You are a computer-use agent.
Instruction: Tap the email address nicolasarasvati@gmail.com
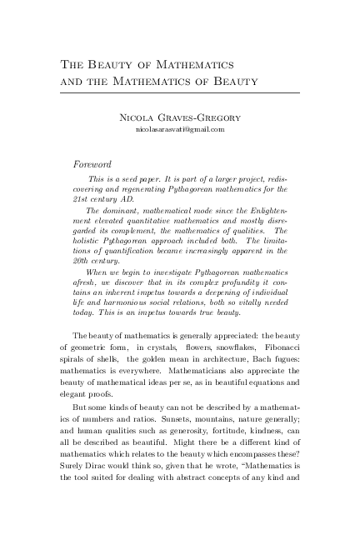[x=180, y=130]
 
